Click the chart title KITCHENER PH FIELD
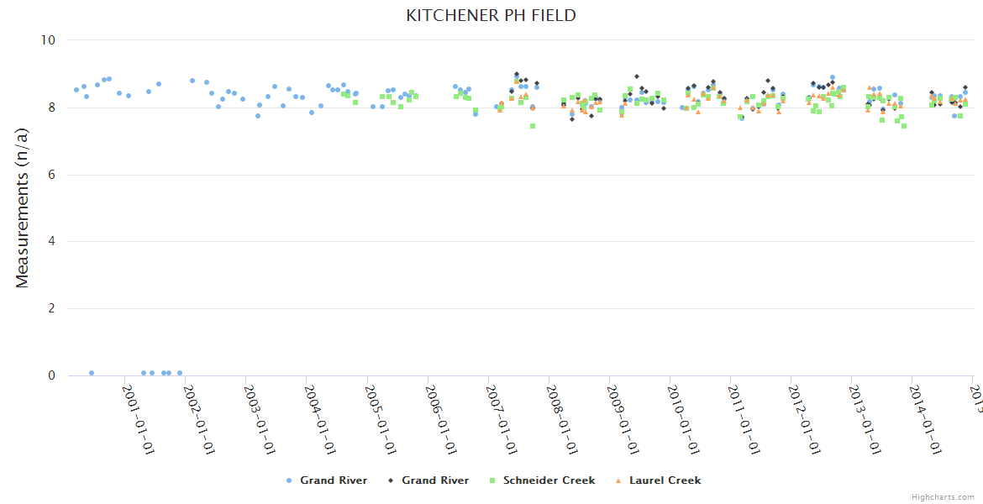(x=491, y=16)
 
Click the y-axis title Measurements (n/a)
(x=23, y=207)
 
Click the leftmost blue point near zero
(x=92, y=373)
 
